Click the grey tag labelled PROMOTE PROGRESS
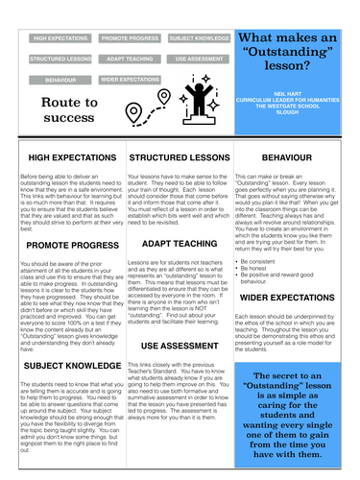point(131,38)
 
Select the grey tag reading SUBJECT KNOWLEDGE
point(198,38)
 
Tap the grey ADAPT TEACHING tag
point(130,59)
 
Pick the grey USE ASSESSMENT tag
point(198,59)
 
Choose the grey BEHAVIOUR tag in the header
point(60,80)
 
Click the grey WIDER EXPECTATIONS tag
point(130,80)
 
